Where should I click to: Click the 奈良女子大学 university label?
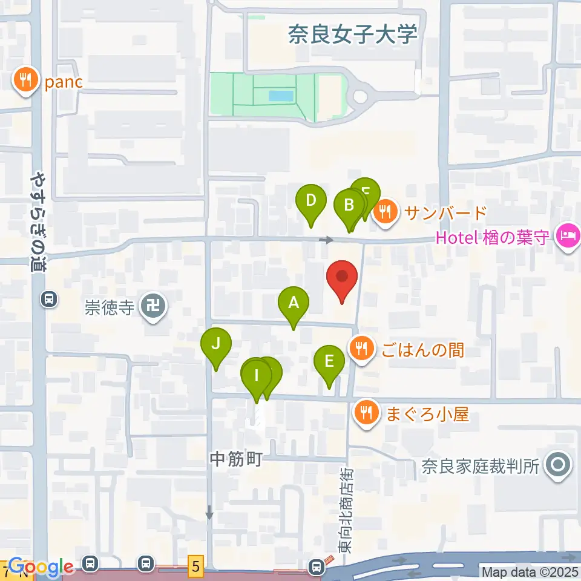pyautogui.click(x=353, y=34)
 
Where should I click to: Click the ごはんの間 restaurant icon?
pyautogui.click(x=361, y=349)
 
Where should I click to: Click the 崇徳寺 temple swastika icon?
pyautogui.click(x=150, y=307)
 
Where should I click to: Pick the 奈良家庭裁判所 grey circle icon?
pyautogui.click(x=556, y=465)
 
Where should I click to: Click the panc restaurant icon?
pyautogui.click(x=25, y=80)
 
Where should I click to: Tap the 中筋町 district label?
pyautogui.click(x=235, y=459)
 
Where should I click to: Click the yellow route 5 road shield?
pyautogui.click(x=195, y=566)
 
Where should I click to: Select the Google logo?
pyautogui.click(x=41, y=567)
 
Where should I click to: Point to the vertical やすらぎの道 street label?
pyautogui.click(x=39, y=223)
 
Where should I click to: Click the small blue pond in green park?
pyautogui.click(x=279, y=96)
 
